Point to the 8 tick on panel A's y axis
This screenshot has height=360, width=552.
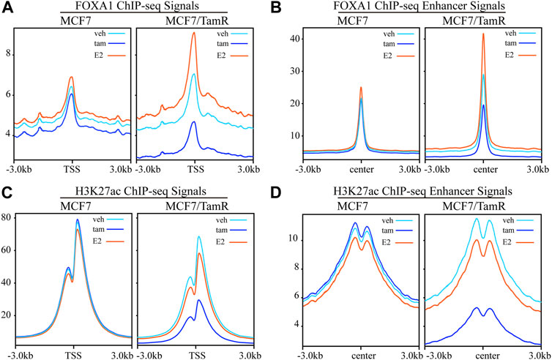point(8,53)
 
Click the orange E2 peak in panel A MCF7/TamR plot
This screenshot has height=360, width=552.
point(193,34)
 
